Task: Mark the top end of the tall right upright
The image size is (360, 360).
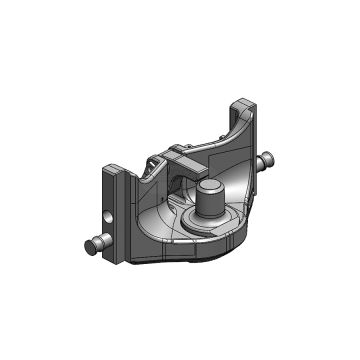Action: [245, 103]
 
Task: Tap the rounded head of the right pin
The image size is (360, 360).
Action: [273, 157]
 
